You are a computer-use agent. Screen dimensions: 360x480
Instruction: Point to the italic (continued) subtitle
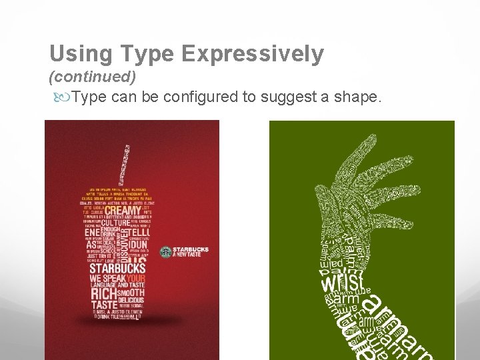(x=93, y=77)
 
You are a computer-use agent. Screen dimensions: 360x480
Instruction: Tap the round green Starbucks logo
(x=165, y=251)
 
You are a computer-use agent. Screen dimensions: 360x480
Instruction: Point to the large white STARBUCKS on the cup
(x=117, y=268)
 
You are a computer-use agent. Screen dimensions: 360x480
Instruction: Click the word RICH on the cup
(x=102, y=293)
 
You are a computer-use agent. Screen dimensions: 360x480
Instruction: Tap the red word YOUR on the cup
(x=136, y=278)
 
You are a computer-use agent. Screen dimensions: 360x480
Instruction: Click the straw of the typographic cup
(x=125, y=163)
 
